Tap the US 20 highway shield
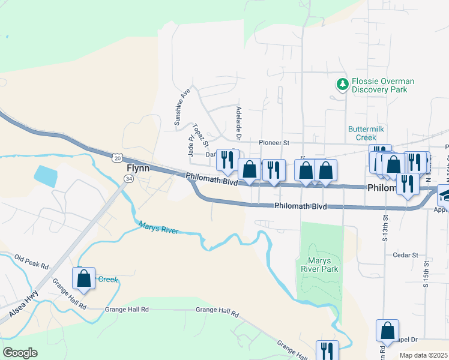[x=116, y=157]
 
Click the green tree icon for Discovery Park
[x=343, y=85]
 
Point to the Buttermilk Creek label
[x=366, y=133]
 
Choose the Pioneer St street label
[x=274, y=143]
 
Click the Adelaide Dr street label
[x=238, y=123]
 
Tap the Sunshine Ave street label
[x=182, y=108]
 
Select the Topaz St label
[x=200, y=135]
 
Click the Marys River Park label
[x=319, y=265]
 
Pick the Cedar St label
[x=405, y=255]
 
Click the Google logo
[x=20, y=352]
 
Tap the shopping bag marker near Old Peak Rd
[x=83, y=279]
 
